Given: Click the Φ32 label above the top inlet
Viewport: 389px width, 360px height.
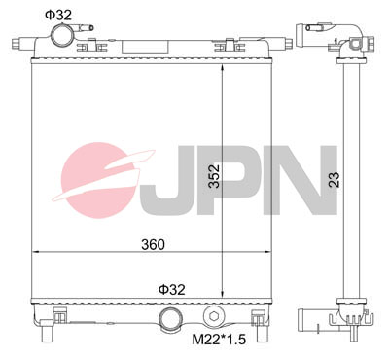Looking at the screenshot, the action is pyautogui.click(x=58, y=15).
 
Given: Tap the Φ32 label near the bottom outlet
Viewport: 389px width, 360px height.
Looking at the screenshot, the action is pyautogui.click(x=171, y=289).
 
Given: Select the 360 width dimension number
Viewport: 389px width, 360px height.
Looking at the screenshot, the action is pyautogui.click(x=153, y=244).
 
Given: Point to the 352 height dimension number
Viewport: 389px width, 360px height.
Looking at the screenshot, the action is pyautogui.click(x=214, y=176).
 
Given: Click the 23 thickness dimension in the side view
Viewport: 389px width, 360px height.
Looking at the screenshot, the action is pyautogui.click(x=334, y=179).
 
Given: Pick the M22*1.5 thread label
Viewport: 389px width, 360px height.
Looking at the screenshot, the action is pyautogui.click(x=220, y=340).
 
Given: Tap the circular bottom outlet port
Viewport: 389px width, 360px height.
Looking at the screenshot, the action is pyautogui.click(x=169, y=317).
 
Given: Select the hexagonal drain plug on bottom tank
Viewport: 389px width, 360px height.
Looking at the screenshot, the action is pyautogui.click(x=213, y=316).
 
